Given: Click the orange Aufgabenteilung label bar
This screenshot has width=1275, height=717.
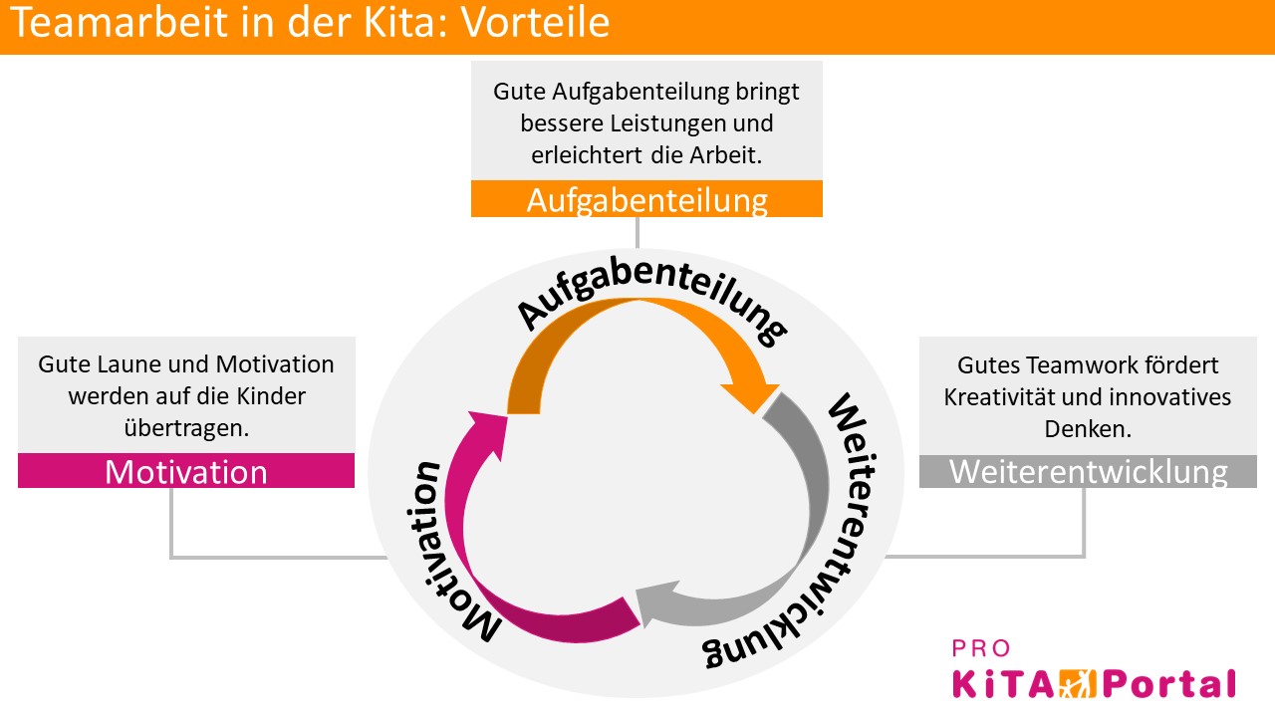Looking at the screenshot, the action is tap(646, 199).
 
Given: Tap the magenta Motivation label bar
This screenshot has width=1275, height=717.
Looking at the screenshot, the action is tap(186, 471).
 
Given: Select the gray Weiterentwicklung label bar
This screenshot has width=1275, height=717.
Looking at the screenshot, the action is tap(1088, 471).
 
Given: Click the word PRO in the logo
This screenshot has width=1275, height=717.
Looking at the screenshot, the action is tap(982, 649).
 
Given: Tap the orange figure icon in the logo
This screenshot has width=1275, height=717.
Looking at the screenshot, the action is tap(1074, 684).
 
